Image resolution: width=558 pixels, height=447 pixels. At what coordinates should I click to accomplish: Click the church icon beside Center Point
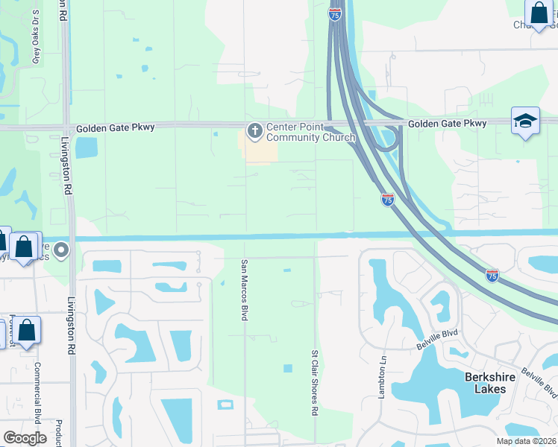coord(254,132)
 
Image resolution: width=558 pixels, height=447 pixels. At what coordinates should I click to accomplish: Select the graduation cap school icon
coord(525,121)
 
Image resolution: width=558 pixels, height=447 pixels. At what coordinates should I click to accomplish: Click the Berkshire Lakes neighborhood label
coord(490,383)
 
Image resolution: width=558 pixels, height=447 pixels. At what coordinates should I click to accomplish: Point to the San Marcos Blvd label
coord(243,290)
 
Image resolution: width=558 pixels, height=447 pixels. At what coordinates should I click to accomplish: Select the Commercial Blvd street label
coord(37,392)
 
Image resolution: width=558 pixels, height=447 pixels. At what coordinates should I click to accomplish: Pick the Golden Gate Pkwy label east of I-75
coord(447,123)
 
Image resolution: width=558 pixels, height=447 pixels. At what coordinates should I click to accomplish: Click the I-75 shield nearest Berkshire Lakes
coord(492,276)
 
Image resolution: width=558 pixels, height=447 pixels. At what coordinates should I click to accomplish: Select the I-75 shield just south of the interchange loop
coord(387,199)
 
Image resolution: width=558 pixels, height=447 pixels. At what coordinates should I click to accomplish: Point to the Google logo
coord(25,438)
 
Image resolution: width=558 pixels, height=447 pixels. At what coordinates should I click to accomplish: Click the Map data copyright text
coord(526,441)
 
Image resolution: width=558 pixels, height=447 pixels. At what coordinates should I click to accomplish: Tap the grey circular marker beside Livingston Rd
coord(62,250)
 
